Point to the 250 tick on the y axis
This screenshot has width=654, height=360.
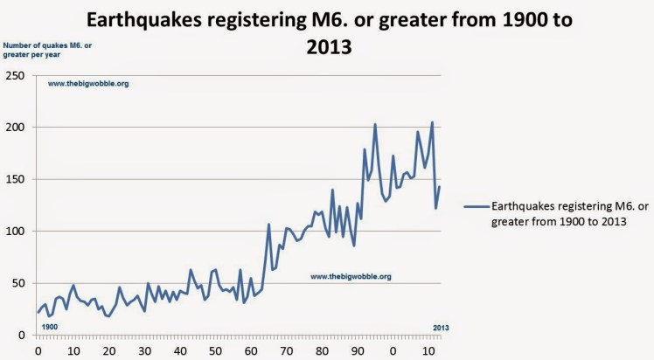(x=16, y=75)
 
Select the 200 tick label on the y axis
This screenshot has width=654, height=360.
(x=16, y=128)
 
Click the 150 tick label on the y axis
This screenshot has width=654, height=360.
(x=16, y=179)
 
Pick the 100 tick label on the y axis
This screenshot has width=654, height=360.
(x=16, y=232)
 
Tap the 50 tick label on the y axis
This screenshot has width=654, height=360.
(x=18, y=283)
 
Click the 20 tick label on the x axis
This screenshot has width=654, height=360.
(x=108, y=351)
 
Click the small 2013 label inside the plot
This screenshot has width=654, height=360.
(x=442, y=328)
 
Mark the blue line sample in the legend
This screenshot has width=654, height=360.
(x=476, y=207)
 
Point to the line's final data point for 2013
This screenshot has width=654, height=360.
(x=440, y=186)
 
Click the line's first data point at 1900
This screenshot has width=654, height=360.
(x=38, y=312)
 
